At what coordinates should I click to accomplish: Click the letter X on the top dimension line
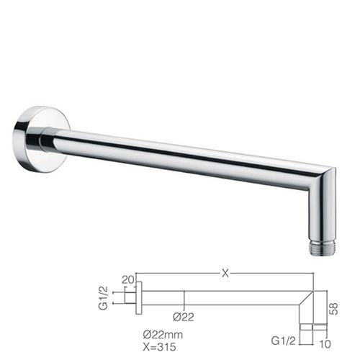pos(225,273)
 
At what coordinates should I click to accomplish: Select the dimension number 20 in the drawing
pos(129,280)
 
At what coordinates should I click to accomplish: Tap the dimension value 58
pos(334,309)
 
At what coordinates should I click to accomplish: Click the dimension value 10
pos(325,344)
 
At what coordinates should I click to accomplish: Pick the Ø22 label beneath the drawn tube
pos(184,318)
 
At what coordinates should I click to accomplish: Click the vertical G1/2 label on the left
pos(104,297)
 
